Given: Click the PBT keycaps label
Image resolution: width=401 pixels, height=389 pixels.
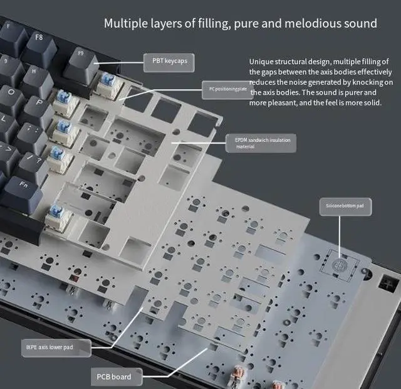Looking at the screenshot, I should tap(169, 61).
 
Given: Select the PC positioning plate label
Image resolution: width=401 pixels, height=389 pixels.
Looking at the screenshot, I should tap(228, 89).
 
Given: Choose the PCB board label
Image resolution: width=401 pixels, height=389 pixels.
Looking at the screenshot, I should tap(113, 376).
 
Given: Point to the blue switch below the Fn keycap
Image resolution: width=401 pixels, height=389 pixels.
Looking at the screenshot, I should tap(60, 216).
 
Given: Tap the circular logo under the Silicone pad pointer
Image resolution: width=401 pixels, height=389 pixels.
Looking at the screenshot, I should tap(340, 265).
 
